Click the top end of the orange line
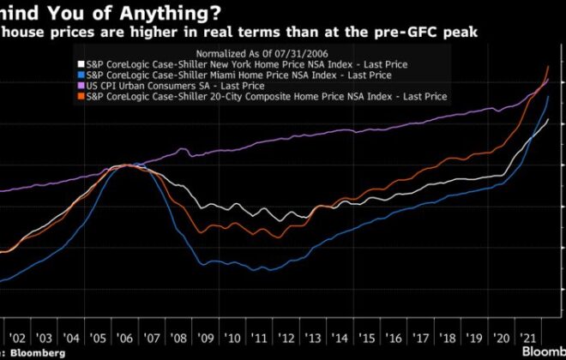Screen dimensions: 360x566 coord(549,66)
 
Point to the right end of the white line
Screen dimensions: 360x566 coord(549,120)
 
